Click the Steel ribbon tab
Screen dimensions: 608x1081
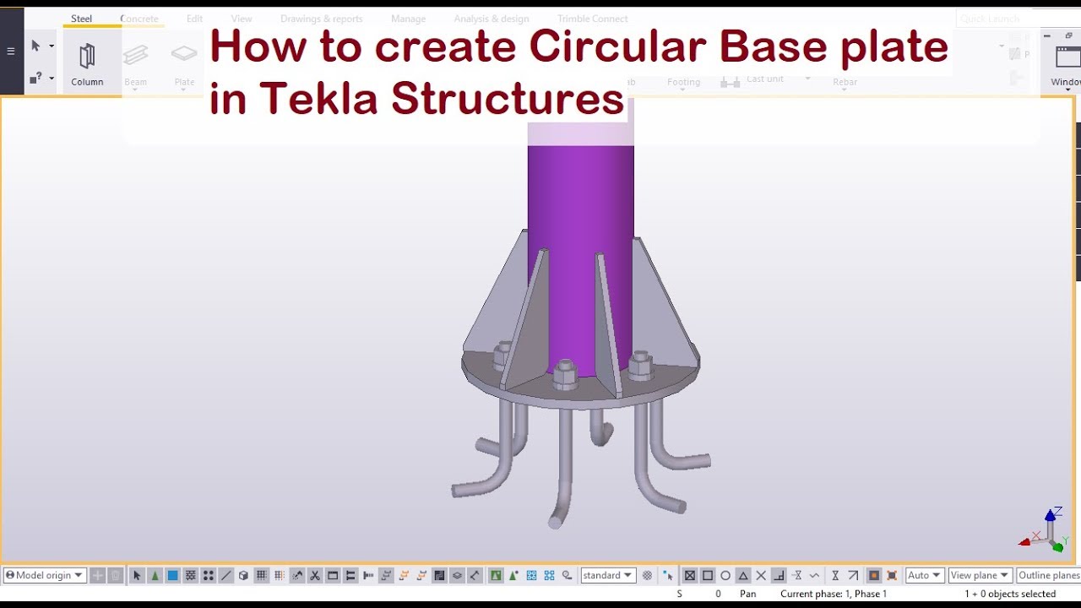82,19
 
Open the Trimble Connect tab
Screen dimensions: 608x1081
592,19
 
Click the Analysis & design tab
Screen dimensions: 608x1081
492,19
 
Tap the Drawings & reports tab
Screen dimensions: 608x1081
322,19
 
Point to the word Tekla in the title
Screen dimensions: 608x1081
319,99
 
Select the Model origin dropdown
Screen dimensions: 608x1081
45,575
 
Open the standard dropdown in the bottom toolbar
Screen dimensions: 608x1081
607,575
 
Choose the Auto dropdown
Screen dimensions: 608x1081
924,575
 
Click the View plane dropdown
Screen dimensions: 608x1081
980,575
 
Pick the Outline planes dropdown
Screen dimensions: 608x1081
1048,575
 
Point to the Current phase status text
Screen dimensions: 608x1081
833,594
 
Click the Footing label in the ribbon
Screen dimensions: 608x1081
683,82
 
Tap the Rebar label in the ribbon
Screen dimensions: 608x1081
845,82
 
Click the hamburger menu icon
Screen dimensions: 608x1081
11,51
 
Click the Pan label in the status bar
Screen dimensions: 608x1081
747,594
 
